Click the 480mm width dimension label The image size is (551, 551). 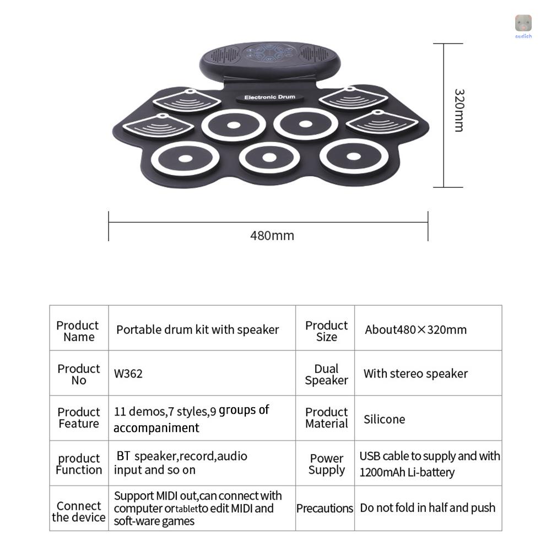coord(272,236)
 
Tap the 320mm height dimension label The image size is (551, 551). coord(458,110)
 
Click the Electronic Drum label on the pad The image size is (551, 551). coord(269,98)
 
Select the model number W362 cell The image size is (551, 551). coord(128,374)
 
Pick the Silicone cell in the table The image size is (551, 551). coord(384,419)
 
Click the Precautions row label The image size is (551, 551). coord(325,509)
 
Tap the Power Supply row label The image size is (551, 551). coord(327,464)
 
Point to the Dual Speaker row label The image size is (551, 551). coord(327,375)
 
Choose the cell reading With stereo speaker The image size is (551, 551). coord(415,374)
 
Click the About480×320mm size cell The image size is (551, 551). coord(415,330)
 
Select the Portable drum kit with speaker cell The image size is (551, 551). coord(197,330)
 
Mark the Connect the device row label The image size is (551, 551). coord(79,511)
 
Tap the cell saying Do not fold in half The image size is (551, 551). coord(428,508)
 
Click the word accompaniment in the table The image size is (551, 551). coord(156,428)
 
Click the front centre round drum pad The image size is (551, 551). coord(269,158)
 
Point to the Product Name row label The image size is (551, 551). coord(78,331)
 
